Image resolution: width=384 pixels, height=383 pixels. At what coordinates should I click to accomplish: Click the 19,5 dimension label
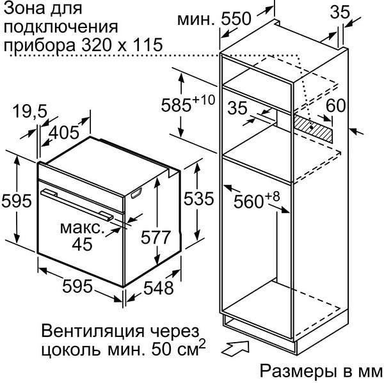pos(29,111)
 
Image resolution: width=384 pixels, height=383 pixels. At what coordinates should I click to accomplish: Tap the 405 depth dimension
pos(64,132)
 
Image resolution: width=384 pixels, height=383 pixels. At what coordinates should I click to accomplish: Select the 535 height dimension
pos(198,198)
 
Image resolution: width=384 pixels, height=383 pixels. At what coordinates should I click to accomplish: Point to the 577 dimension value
pos(156,237)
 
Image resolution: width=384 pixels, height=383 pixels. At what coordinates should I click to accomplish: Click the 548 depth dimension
pos(159,288)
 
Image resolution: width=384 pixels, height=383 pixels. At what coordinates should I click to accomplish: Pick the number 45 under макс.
pos(83,244)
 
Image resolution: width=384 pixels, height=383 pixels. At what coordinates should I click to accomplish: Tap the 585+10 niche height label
pos(188,104)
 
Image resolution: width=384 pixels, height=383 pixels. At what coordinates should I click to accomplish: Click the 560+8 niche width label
pos(257,200)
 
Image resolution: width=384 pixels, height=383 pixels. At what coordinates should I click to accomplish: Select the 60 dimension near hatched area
pos(335,106)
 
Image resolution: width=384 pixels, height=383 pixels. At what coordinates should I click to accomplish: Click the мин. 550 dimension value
pos(214,19)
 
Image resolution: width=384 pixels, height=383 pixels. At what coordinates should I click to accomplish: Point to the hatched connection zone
pos(313,129)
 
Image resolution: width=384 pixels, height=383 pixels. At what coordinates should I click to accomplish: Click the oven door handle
pos(77,205)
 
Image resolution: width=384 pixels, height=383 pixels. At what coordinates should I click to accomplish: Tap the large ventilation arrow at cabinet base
pos(236,348)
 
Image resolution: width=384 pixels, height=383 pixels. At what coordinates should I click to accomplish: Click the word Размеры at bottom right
pos(298,371)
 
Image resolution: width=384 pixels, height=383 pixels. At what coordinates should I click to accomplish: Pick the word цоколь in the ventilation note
pos(71,350)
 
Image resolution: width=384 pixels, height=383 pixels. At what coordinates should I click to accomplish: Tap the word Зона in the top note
pos(22,9)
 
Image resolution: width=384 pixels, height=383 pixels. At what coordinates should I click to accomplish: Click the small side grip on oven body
pos(137,193)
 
